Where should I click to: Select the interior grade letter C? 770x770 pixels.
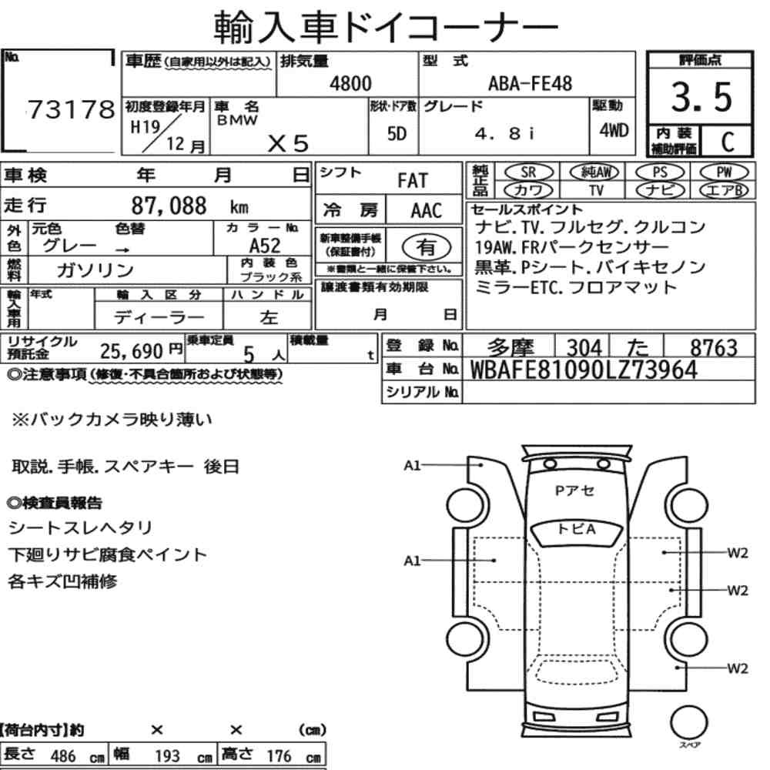tap(725, 142)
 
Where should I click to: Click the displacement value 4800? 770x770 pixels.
tap(350, 84)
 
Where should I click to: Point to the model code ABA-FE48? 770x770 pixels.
tap(531, 84)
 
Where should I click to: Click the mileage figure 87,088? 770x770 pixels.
tap(170, 206)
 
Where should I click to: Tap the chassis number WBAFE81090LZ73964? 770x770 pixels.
tap(583, 370)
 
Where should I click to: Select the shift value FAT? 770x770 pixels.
tap(412, 181)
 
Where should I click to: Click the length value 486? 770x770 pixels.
tap(63, 756)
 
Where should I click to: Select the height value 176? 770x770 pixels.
tap(279, 756)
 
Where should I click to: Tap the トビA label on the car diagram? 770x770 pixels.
tap(577, 529)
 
